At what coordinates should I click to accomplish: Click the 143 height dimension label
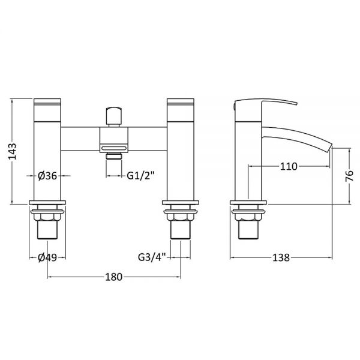[x=13, y=151]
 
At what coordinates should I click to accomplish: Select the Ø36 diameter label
[x=47, y=176]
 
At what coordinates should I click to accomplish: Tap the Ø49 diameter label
[x=47, y=257]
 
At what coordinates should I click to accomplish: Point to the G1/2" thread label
[x=141, y=176]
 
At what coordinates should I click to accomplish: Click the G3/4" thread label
[x=152, y=257]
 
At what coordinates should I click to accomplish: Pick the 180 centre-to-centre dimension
[x=113, y=277]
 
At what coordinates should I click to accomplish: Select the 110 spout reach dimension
[x=289, y=166]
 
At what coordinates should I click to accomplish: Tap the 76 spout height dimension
[x=349, y=176]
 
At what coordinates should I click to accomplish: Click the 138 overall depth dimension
[x=281, y=257]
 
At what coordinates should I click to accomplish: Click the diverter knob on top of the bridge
[x=113, y=115]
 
